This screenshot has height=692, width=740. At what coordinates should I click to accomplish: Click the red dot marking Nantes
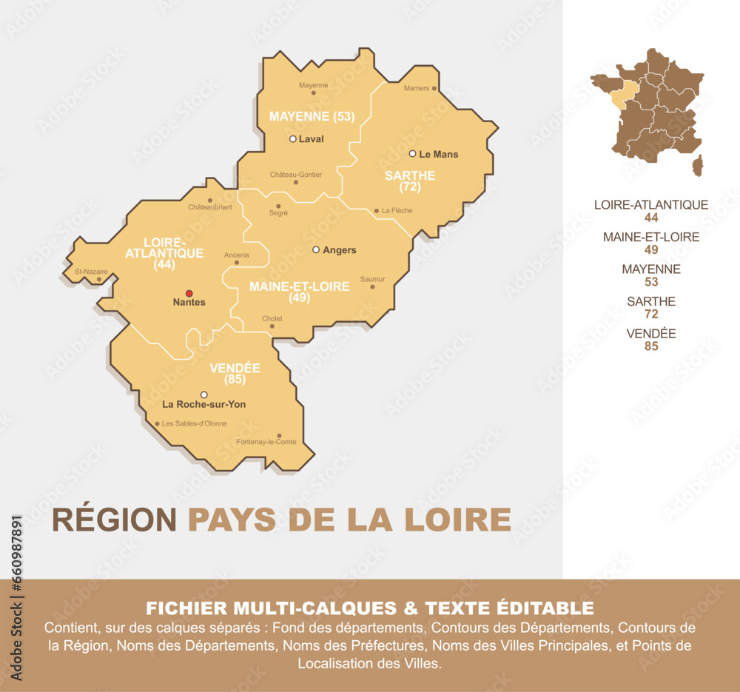(x=189, y=293)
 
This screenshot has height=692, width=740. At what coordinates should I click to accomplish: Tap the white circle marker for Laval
(x=293, y=138)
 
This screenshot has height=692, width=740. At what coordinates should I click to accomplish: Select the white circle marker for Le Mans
(x=413, y=154)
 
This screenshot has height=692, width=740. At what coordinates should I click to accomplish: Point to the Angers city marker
(x=316, y=249)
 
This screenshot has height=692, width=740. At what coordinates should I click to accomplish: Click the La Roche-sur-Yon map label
(x=203, y=405)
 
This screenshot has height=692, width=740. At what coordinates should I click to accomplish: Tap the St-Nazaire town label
(x=91, y=272)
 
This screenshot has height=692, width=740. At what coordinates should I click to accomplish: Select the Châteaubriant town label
(x=210, y=207)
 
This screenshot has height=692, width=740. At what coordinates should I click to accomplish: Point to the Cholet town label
(x=272, y=319)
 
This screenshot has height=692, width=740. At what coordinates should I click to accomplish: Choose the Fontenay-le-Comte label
(x=266, y=442)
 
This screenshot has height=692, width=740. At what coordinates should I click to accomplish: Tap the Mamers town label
(x=417, y=88)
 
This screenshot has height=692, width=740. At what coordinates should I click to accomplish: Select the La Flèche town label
(x=397, y=211)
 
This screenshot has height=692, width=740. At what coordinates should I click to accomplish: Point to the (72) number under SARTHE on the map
(x=410, y=187)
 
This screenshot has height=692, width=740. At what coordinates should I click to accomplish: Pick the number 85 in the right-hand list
(x=651, y=346)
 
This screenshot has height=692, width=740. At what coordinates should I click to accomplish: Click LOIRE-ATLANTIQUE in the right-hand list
(x=651, y=205)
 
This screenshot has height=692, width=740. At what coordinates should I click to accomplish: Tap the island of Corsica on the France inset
(x=698, y=167)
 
